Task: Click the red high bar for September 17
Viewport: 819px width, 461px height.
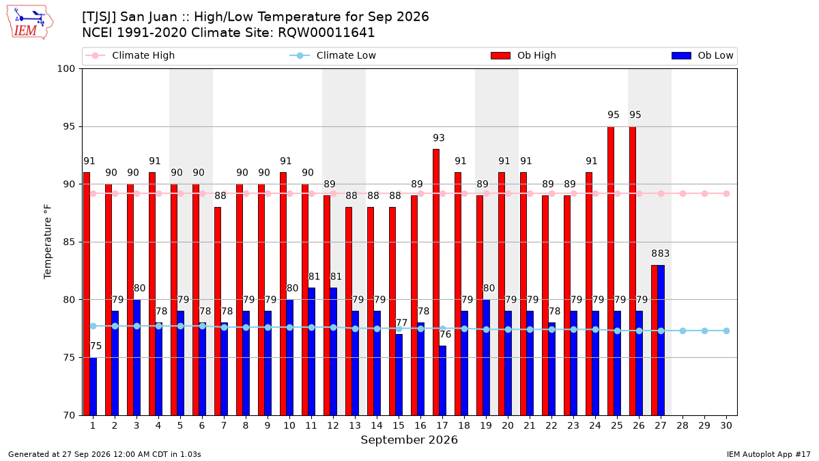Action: tap(436, 282)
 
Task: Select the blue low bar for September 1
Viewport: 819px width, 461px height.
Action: tap(94, 387)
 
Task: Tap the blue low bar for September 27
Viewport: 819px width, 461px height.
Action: tap(661, 340)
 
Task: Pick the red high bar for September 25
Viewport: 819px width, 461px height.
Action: tap(611, 270)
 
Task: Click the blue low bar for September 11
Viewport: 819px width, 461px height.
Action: tap(311, 352)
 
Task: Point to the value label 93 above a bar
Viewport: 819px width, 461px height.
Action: tap(439, 138)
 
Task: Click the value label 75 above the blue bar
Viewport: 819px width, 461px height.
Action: tap(96, 346)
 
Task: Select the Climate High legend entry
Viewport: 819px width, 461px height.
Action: tap(130, 55)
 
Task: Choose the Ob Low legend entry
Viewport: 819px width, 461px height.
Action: tap(702, 55)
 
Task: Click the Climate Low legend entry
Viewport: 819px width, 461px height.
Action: tap(333, 55)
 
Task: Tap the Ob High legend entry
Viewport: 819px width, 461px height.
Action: tap(523, 55)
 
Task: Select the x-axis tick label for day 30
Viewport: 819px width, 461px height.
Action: tap(726, 426)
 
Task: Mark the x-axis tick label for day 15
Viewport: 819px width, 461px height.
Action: tap(399, 426)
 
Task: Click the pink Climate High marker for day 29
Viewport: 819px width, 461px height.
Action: tap(704, 193)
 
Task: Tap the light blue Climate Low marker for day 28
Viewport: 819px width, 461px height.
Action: tap(682, 331)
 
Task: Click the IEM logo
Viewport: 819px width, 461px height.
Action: tap(29, 23)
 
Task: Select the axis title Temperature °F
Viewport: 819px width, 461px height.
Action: tap(48, 242)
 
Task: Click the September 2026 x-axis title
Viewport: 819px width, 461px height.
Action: tap(409, 440)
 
